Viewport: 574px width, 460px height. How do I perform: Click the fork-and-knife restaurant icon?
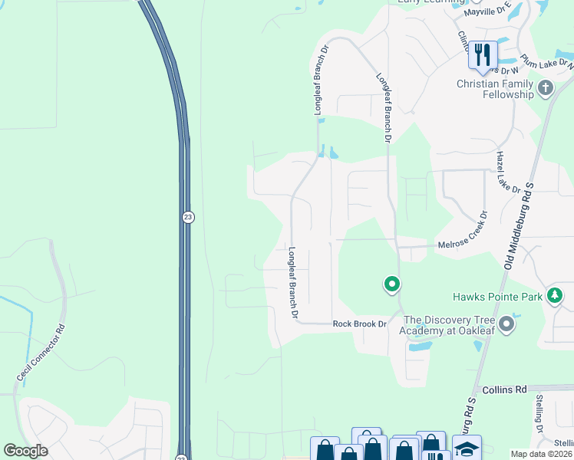(483, 54)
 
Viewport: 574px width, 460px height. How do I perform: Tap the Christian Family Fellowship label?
(495, 89)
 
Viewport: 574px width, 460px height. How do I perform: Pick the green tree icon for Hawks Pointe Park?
(555, 296)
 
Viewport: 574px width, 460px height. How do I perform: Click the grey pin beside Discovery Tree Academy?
(506, 324)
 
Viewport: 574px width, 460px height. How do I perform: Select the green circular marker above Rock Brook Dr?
(391, 286)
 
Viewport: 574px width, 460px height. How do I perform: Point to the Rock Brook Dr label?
(359, 324)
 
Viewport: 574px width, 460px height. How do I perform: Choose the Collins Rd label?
(500, 389)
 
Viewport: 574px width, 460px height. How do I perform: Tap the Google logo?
(25, 450)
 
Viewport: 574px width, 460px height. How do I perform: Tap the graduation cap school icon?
(467, 449)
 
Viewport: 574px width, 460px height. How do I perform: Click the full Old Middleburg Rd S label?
(528, 215)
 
